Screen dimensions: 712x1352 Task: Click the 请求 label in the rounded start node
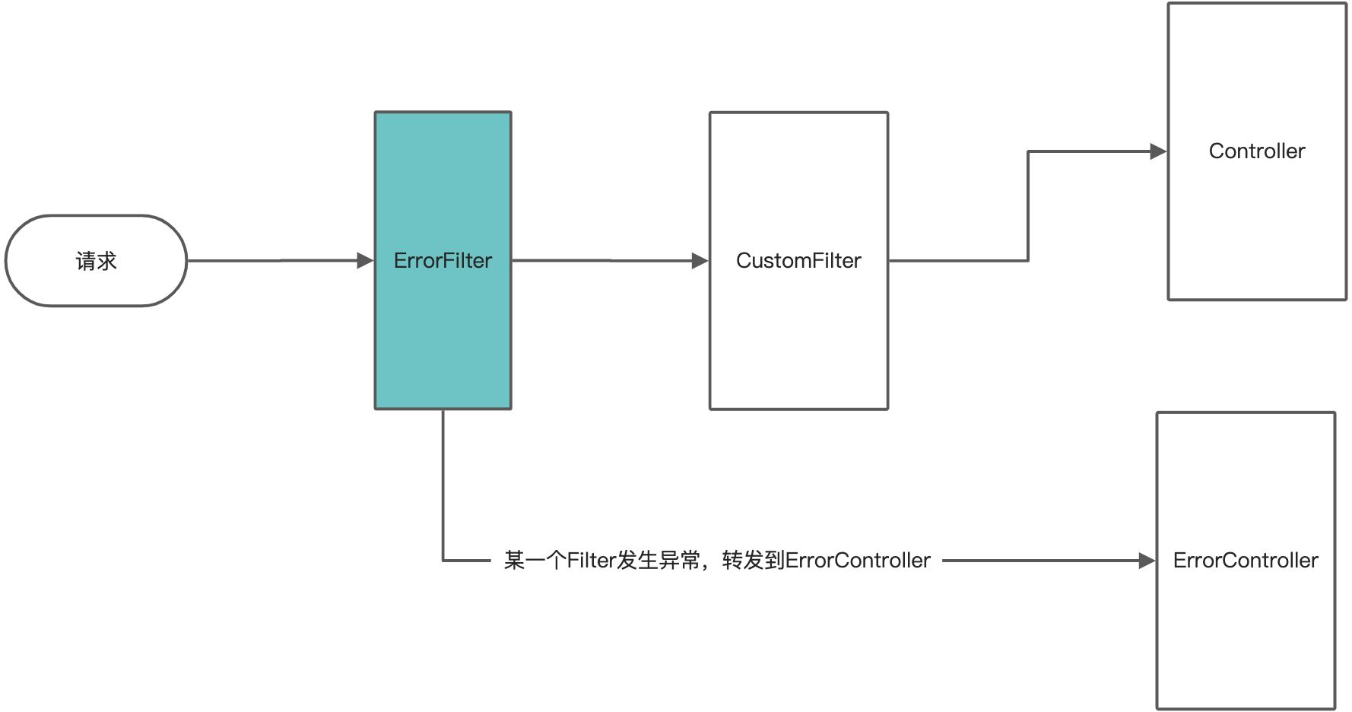pyautogui.click(x=96, y=261)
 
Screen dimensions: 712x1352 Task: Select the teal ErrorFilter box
pyautogui.click(x=443, y=342)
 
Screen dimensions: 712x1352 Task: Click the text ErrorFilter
pyautogui.click(x=443, y=261)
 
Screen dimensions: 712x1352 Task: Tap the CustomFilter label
pyautogui.click(x=798, y=261)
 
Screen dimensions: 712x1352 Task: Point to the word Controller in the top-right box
pyautogui.click(x=1257, y=151)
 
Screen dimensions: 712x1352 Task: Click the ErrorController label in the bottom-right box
pyautogui.click(x=1246, y=561)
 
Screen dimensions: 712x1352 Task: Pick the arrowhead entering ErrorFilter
pyautogui.click(x=365, y=261)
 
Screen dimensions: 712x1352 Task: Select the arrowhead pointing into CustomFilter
pyautogui.click(x=700, y=261)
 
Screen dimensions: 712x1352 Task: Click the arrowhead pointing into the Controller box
pyautogui.click(x=1158, y=151)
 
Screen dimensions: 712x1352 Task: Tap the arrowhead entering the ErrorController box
pyautogui.click(x=1147, y=561)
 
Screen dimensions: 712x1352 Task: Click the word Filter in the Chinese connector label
pyautogui.click(x=591, y=561)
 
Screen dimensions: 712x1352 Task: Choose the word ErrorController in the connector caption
pyautogui.click(x=858, y=561)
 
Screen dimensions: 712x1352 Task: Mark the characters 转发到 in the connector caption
pyautogui.click(x=753, y=561)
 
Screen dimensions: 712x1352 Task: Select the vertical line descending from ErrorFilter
pyautogui.click(x=443, y=487)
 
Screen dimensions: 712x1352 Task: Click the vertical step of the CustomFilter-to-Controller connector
pyautogui.click(x=1028, y=205)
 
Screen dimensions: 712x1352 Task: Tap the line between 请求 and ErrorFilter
pyautogui.click(x=274, y=261)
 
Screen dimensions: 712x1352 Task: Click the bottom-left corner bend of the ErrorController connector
pyautogui.click(x=443, y=561)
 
